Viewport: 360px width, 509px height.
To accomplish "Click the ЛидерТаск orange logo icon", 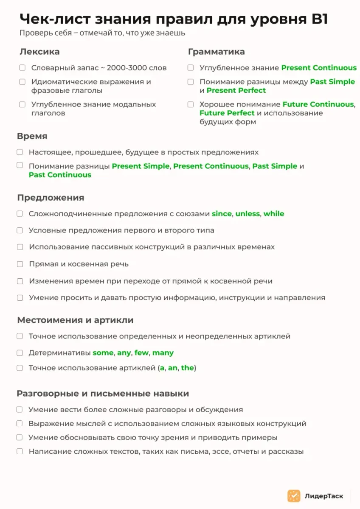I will [294, 496].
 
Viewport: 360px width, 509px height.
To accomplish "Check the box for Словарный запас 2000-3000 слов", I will [22, 68].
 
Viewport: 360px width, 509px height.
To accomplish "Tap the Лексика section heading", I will [39, 52].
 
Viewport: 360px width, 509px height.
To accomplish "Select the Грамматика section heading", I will [216, 52].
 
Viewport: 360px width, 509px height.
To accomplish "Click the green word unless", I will [247, 214].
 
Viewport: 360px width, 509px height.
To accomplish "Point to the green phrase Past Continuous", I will [60, 175].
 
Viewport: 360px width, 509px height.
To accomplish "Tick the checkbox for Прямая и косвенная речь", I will [20, 264].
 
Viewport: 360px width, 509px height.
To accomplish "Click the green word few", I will [142, 353].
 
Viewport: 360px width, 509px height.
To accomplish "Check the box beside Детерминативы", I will [20, 353].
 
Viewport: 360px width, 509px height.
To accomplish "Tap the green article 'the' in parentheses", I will [187, 368].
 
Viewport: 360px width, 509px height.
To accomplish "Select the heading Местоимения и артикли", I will [75, 320].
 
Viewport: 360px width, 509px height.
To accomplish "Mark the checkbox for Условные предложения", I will [20, 231].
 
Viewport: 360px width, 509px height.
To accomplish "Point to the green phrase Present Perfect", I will [236, 90].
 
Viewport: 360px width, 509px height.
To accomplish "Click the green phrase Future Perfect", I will [227, 113].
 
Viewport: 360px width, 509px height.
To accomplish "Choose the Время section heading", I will [32, 136].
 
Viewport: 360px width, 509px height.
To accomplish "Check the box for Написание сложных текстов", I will [20, 451].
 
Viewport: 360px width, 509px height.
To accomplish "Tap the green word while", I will [274, 214].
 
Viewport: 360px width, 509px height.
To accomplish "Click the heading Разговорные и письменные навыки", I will [103, 394].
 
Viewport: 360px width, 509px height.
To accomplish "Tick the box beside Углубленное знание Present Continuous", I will [191, 68].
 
